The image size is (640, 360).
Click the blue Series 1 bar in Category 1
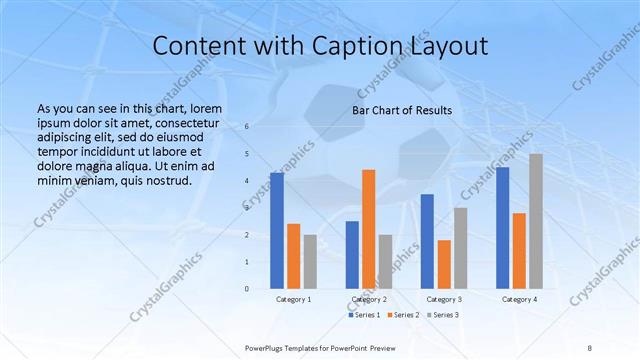click(277, 230)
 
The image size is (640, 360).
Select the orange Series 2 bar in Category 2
click(368, 229)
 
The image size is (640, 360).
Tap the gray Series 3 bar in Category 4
click(536, 221)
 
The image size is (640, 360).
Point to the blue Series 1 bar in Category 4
click(502, 227)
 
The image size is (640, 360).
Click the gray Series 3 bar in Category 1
click(310, 261)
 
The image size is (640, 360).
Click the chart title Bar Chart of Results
click(402, 110)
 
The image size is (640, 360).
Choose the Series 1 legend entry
click(365, 315)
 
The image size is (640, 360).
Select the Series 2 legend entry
click(403, 315)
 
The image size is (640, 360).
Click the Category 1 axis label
click(293, 299)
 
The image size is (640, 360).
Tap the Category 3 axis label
click(444, 299)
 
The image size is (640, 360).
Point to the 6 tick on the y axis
click(246, 127)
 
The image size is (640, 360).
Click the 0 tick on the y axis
click(246, 288)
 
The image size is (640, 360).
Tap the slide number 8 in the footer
click(589, 346)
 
